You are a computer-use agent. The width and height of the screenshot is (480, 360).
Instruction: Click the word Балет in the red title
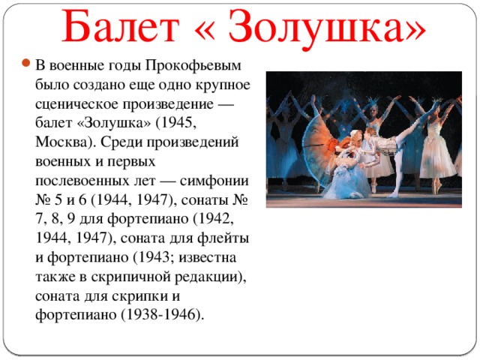pos(121,26)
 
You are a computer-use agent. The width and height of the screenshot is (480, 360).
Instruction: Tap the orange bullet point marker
pos(25,63)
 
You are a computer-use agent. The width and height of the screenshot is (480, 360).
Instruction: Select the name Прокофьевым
pos(193,66)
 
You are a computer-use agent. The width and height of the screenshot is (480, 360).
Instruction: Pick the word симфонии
pos(214,181)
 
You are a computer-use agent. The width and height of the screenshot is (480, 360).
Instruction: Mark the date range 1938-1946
pos(162,314)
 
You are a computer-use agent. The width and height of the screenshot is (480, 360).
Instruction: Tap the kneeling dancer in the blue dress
pos(347,173)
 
